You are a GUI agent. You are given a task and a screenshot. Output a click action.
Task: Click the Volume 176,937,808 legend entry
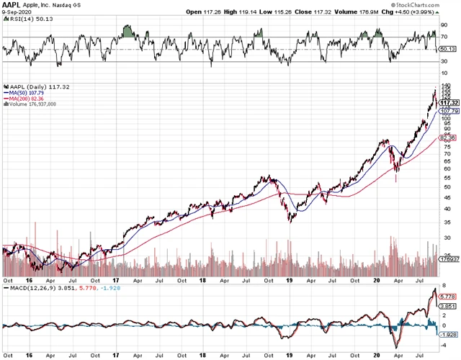coord(32,104)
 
